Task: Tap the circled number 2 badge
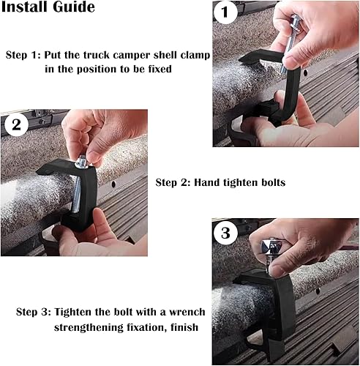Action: click(16, 123)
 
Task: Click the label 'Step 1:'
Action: click(22, 56)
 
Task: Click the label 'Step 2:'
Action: click(174, 181)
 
